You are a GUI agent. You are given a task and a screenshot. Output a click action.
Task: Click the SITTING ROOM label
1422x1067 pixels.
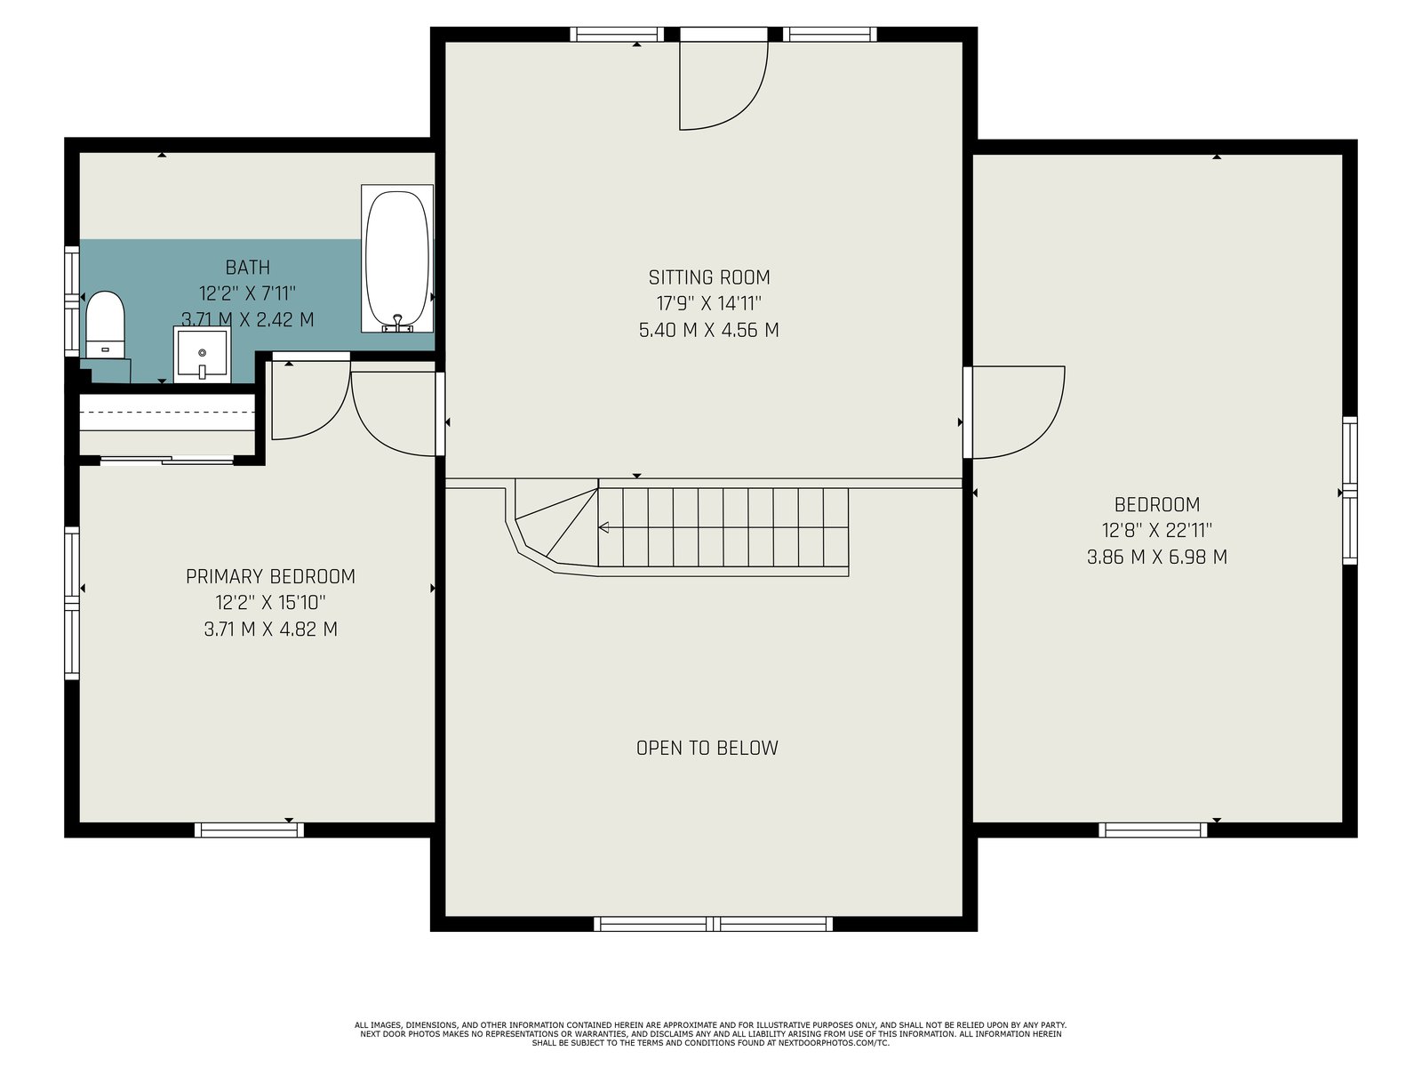point(708,277)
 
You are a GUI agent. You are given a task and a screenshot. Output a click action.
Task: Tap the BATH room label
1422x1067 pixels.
point(247,267)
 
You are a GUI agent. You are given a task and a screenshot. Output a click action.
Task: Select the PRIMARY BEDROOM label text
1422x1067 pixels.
point(270,576)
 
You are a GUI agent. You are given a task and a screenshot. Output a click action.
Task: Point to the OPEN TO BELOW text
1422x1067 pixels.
point(707,748)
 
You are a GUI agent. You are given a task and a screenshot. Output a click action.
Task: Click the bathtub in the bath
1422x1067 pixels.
point(397,259)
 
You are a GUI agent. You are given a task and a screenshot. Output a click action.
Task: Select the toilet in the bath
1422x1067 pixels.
point(105,324)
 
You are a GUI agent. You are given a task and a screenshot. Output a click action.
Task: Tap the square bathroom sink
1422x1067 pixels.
point(202,355)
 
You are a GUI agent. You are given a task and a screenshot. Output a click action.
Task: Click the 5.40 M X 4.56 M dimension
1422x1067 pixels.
point(708,331)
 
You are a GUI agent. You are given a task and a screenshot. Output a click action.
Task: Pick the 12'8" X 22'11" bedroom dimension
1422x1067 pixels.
point(1156,531)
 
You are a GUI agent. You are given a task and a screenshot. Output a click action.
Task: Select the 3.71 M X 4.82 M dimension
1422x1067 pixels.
point(270,629)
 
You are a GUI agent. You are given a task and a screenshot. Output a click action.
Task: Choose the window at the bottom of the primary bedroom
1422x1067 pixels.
point(250,830)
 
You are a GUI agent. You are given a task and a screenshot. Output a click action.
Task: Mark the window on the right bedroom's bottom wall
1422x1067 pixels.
point(1153,830)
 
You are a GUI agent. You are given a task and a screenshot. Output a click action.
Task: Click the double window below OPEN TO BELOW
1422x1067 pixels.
point(714,924)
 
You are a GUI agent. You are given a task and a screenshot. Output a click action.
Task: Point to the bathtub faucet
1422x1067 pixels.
point(397,324)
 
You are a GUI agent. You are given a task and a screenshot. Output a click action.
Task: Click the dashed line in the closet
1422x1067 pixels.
point(167,412)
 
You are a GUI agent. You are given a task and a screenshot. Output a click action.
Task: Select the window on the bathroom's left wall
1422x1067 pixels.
point(72,301)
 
